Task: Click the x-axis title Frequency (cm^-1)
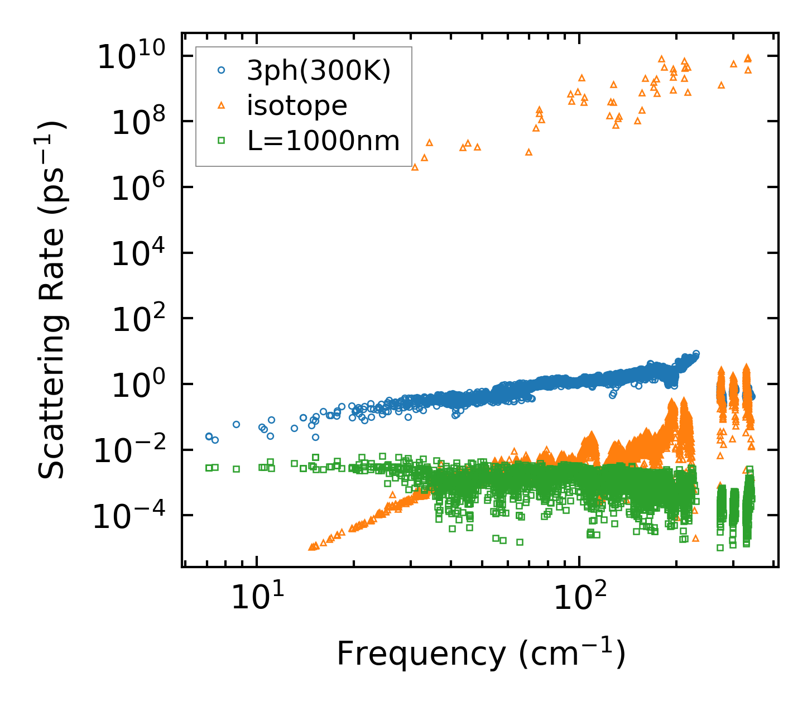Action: (481, 654)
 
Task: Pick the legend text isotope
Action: (297, 105)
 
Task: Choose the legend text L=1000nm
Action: (324, 141)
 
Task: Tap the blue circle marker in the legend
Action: (222, 70)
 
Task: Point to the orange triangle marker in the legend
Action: (222, 105)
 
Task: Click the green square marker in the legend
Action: (222, 140)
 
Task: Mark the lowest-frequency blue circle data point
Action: (209, 436)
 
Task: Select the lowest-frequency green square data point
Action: (209, 468)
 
